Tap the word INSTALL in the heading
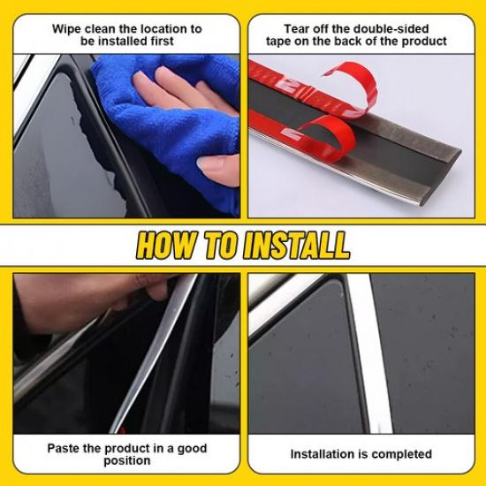tap(295, 245)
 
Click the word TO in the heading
tap(221, 245)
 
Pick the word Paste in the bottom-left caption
tap(65, 448)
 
